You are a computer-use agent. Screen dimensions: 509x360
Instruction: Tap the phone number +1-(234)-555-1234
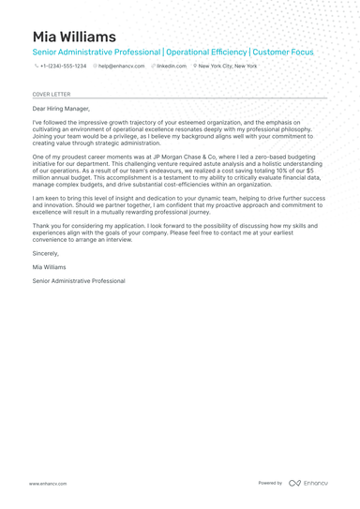(63, 67)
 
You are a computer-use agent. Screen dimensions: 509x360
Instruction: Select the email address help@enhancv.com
(122, 67)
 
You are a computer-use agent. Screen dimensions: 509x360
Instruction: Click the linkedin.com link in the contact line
(172, 67)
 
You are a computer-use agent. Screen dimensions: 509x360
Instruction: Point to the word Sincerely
(45, 253)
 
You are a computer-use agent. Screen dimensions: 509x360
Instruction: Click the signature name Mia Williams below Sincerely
(50, 267)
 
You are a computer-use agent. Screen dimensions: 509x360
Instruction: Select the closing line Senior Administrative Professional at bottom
(78, 280)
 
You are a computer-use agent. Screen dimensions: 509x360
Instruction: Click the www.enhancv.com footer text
(47, 483)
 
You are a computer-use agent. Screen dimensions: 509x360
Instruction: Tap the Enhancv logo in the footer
(308, 483)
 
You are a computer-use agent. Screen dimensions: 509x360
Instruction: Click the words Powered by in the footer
(270, 483)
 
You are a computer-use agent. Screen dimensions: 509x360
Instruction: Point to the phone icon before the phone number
(36, 67)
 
